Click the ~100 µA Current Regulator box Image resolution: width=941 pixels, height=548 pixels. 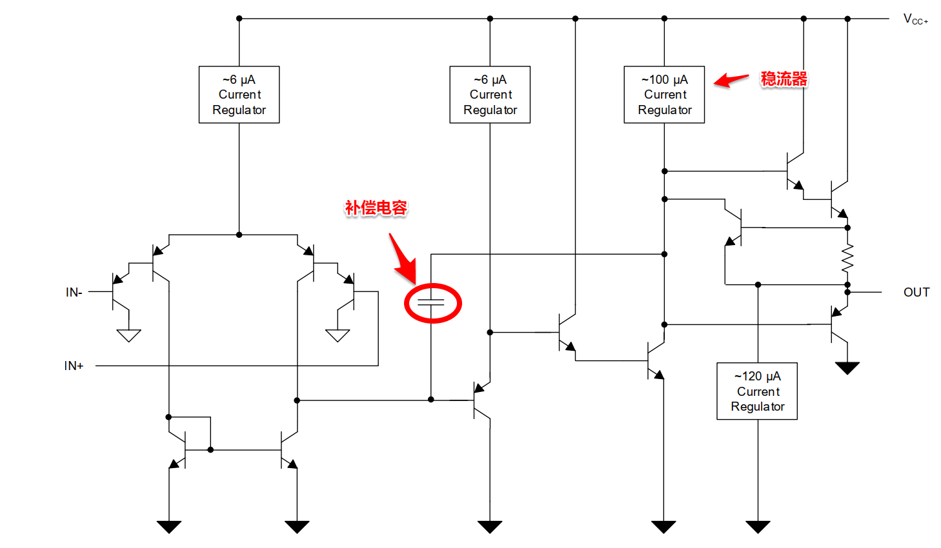(664, 95)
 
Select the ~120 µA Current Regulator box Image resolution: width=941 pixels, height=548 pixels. (757, 391)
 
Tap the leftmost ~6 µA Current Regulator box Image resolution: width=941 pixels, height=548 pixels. (239, 95)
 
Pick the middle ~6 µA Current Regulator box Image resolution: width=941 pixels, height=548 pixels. (490, 95)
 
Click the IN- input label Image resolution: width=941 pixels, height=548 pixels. (74, 293)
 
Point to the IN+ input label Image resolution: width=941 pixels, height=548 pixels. (74, 366)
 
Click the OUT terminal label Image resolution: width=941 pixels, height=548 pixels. (916, 293)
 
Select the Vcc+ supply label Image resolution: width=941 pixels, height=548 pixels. (915, 19)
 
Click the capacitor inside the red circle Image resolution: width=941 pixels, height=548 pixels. (431, 302)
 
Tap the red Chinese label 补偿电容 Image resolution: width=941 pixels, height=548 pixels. (376, 208)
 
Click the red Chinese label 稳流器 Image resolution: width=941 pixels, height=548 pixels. (784, 79)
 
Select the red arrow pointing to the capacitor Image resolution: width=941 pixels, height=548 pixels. (403, 259)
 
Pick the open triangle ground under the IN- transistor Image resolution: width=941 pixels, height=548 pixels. (129, 335)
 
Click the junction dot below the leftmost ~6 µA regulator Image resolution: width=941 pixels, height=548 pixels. (239, 235)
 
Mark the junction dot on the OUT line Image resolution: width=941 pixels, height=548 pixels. (847, 292)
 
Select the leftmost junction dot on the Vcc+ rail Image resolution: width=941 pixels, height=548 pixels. (239, 19)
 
